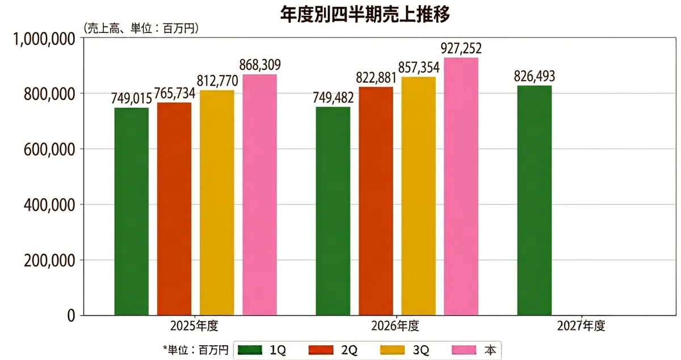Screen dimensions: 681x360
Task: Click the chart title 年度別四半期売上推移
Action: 365,14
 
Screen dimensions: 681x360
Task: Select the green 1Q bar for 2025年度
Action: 132,211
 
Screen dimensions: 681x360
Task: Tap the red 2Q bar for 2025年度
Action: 174,209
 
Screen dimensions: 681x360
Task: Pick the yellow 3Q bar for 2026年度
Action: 418,196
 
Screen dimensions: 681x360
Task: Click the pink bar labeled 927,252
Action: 461,187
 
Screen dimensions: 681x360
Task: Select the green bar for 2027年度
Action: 535,200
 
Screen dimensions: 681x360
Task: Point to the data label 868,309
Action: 260,65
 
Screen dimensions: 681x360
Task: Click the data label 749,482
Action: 333,98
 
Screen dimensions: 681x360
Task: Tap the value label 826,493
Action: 535,76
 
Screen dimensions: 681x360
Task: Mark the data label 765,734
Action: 175,93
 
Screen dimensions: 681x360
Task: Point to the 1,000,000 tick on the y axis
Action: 44,40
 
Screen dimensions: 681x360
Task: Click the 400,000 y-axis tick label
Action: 49,205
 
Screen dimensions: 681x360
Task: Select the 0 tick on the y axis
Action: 71,316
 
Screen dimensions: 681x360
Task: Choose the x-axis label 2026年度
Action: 395,326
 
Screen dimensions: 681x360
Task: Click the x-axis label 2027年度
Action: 581,326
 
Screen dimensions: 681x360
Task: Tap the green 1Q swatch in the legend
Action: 250,350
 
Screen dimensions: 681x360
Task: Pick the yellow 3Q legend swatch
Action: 393,350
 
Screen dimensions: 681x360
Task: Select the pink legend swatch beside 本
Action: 464,350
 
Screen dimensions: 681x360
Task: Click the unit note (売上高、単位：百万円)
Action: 141,28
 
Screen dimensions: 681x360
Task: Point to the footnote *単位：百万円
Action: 195,350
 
